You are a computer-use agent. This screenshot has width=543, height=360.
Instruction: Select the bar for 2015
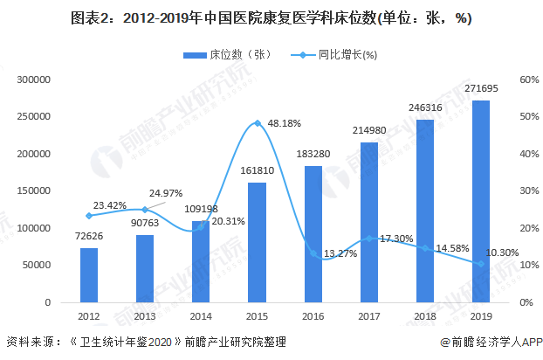257,242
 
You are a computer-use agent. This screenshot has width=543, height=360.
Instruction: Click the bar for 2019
481,201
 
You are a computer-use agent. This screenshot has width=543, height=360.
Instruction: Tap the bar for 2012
89,274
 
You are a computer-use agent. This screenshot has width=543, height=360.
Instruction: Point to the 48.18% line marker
257,123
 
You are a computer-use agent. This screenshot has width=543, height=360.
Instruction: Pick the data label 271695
481,90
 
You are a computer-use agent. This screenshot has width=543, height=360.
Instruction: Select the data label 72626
89,238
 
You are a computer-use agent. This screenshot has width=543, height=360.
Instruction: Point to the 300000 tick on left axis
35,80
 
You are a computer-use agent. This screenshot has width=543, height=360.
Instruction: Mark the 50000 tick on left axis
38,265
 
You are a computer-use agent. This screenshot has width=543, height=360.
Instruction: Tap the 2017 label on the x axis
369,315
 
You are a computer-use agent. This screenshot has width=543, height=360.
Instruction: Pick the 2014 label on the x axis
201,315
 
